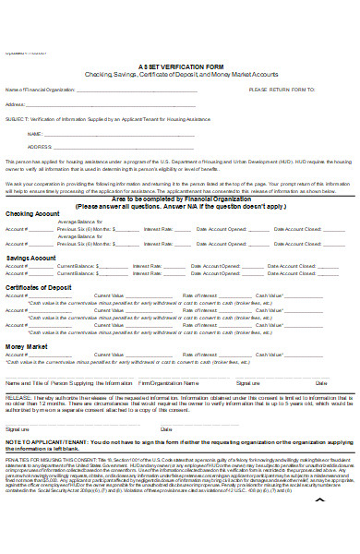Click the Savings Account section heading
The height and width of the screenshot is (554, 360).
click(30, 259)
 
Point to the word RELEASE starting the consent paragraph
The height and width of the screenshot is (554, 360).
click(18, 396)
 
